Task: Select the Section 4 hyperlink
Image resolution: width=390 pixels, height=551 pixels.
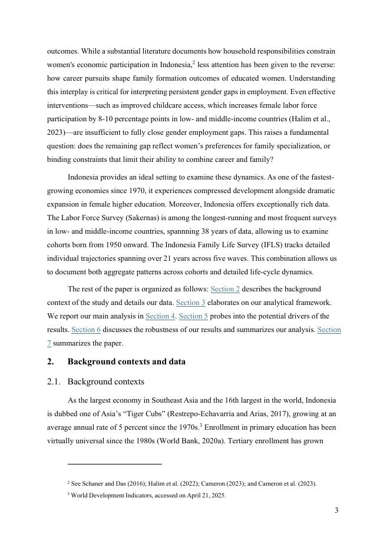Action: [160, 316]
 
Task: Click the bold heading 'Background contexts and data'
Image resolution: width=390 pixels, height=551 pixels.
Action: [127, 361]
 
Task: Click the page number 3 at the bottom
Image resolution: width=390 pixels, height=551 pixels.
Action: [336, 510]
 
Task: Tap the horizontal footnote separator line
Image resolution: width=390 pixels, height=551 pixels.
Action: [115, 464]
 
